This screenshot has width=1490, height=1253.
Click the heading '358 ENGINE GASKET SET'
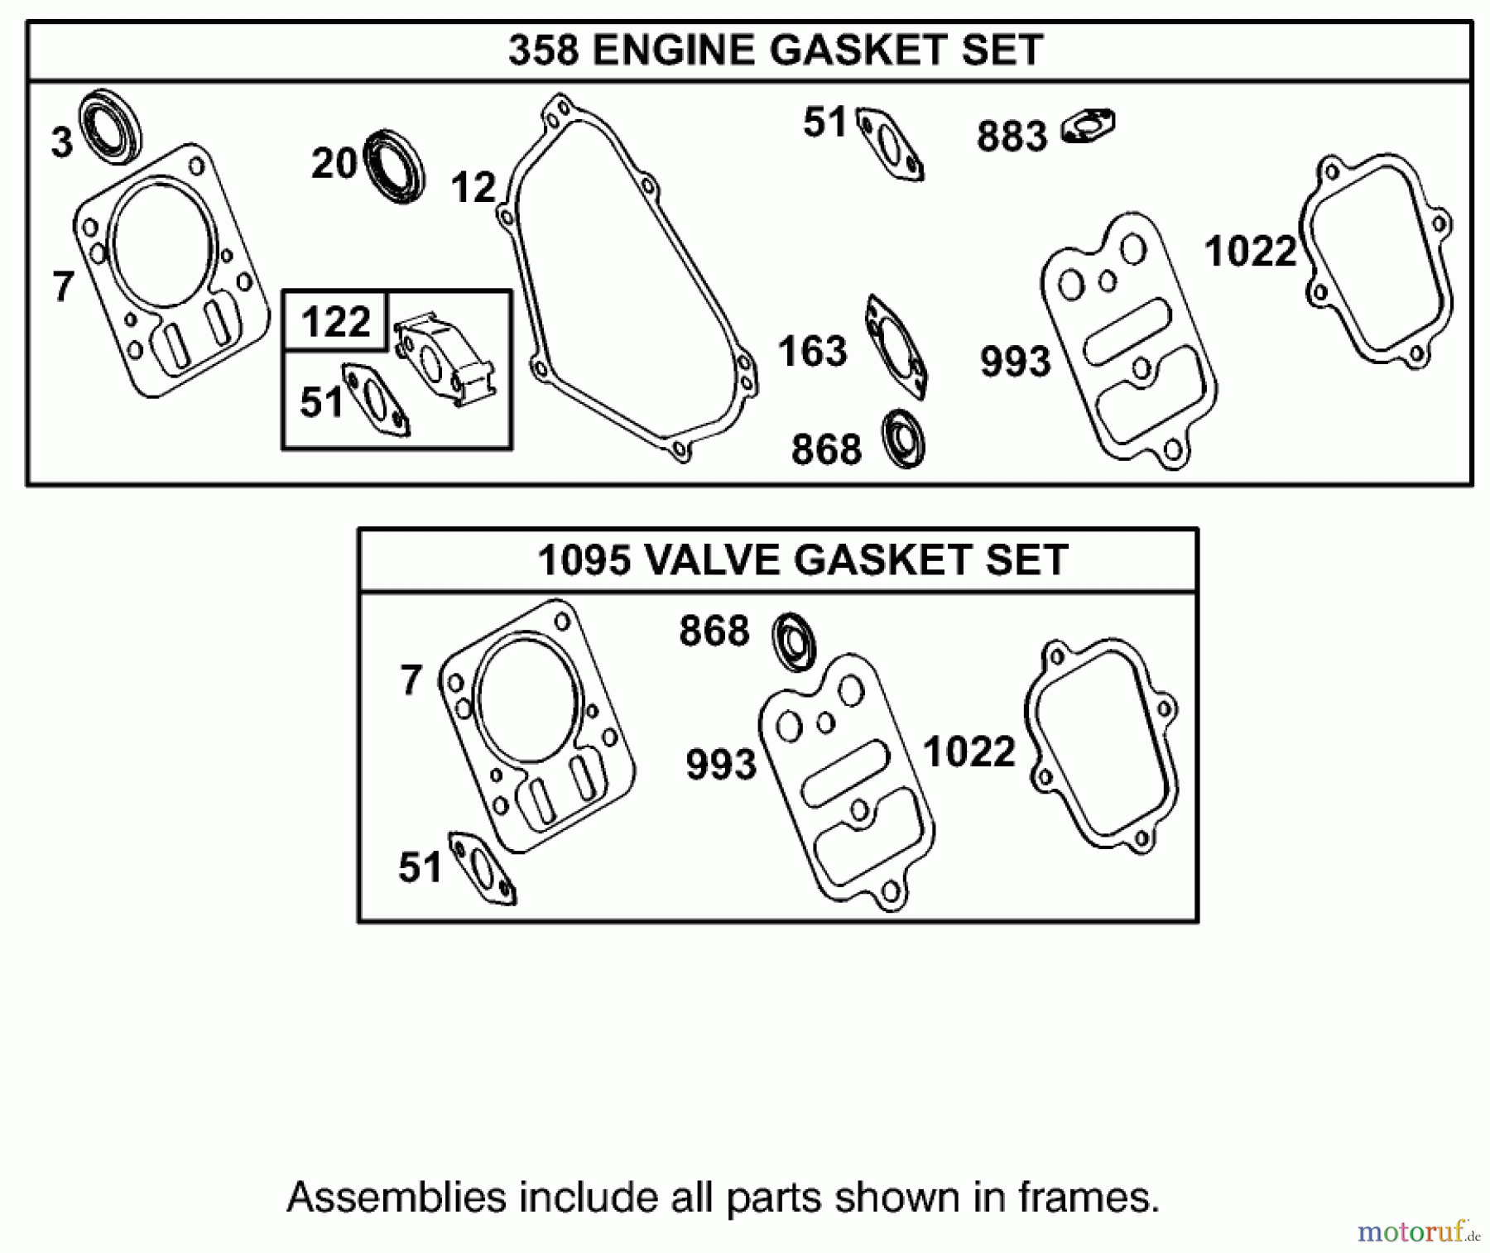(775, 50)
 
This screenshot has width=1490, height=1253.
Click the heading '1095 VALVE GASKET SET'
(802, 560)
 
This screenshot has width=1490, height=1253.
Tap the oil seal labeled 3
(109, 125)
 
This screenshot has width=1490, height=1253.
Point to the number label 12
(473, 188)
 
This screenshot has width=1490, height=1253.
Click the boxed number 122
(335, 321)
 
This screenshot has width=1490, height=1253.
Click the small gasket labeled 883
(1088, 127)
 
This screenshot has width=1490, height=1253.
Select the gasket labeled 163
(896, 348)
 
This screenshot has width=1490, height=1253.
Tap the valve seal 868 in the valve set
(794, 641)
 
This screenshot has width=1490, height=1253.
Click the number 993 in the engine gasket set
(1015, 362)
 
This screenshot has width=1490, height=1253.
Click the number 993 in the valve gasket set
(720, 764)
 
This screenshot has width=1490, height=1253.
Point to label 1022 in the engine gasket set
(1250, 252)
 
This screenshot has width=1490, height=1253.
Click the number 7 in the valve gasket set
(411, 680)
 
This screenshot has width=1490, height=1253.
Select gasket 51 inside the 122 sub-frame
(377, 401)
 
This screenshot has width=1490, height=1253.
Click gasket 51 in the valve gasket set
(482, 869)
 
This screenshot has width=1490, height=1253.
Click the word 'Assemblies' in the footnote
(396, 1198)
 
